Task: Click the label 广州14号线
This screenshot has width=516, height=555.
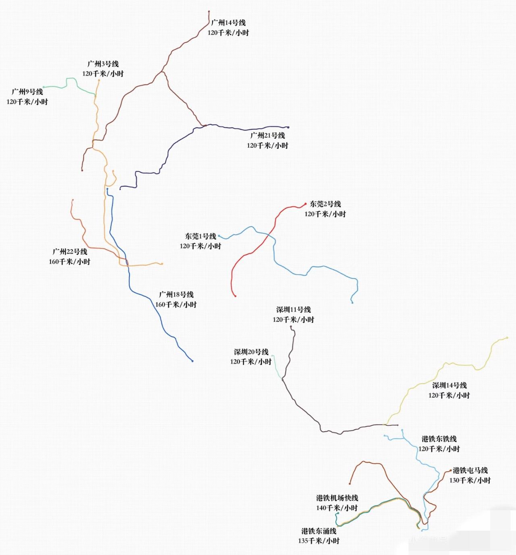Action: [228, 23]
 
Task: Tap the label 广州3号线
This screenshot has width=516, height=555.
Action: [103, 64]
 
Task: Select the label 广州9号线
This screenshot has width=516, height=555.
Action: [27, 92]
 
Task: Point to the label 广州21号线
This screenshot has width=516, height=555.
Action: [268, 135]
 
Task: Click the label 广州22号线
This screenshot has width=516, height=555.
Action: [70, 252]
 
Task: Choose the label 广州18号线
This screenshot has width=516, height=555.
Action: [176, 295]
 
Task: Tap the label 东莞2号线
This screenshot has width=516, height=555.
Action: [325, 204]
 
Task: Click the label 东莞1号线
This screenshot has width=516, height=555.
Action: [200, 236]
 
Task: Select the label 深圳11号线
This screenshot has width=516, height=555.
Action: [293, 310]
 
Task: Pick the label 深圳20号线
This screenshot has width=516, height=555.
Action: [251, 352]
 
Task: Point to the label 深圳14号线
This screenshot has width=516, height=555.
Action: [449, 386]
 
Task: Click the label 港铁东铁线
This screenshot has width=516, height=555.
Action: [439, 439]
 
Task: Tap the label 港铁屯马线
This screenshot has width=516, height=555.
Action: [470, 470]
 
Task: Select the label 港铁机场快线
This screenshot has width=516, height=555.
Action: [337, 498]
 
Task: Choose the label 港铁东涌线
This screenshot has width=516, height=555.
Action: [319, 531]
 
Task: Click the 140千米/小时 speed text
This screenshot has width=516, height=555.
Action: [337, 508]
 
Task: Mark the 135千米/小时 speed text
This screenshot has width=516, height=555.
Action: [319, 541]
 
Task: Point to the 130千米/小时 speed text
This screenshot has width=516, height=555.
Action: [470, 480]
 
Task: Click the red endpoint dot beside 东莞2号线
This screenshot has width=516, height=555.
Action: [305, 204]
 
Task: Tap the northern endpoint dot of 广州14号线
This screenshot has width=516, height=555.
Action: [209, 12]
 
